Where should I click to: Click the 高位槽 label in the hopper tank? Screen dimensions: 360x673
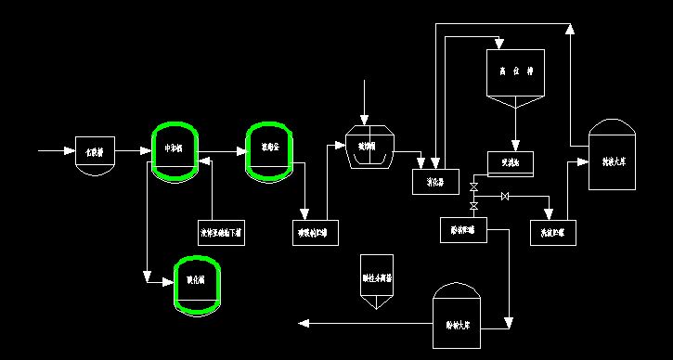[x=514, y=71]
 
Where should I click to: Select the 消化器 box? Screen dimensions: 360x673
[x=436, y=182]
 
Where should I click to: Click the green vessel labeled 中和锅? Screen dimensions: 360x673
[x=175, y=152]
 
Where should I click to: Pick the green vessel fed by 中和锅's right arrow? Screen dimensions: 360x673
[x=270, y=150]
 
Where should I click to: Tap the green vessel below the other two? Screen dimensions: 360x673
[x=199, y=283]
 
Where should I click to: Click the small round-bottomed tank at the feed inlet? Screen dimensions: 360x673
[x=95, y=152]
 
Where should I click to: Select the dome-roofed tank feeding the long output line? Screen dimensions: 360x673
[x=457, y=319]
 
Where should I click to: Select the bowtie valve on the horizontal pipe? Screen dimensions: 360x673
[x=504, y=197]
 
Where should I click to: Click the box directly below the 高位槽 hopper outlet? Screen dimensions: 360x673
[x=510, y=163]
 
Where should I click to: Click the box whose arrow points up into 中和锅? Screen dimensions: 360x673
[x=222, y=232]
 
